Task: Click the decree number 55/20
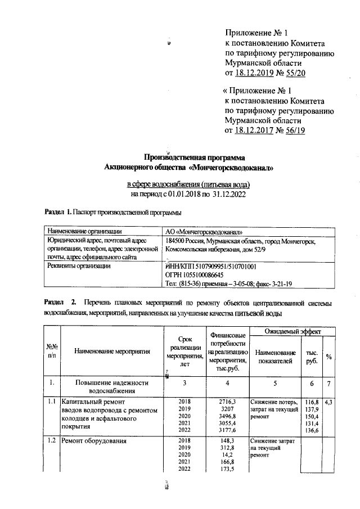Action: (295, 73)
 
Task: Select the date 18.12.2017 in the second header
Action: (256, 130)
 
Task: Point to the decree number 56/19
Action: (294, 130)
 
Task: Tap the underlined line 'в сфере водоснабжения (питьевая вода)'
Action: (188, 184)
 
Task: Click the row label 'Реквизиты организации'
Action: (79, 266)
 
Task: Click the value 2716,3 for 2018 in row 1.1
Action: (228, 402)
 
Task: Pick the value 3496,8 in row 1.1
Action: (228, 416)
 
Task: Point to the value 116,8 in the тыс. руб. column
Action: (311, 402)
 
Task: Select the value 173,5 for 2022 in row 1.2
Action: (228, 469)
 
